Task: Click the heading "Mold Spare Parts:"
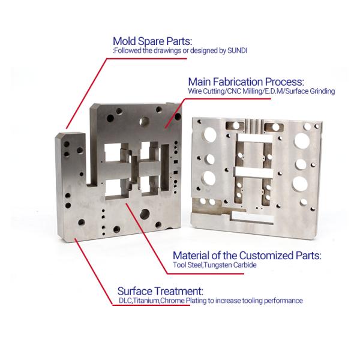152,41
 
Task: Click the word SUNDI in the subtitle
237,50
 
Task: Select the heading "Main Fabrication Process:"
246,82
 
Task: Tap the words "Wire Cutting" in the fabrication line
206,91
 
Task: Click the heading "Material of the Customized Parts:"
247,256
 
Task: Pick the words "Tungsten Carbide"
230,265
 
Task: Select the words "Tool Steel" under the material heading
187,265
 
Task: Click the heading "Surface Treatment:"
160,292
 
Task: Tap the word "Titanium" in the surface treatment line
146,301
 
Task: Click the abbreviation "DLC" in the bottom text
125,301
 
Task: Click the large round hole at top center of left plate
144,121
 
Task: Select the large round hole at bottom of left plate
145,214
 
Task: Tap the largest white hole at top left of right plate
210,135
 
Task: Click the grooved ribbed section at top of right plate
254,126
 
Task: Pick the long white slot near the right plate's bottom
253,217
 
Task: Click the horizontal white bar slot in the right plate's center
254,172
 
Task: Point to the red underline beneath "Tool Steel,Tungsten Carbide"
205,274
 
